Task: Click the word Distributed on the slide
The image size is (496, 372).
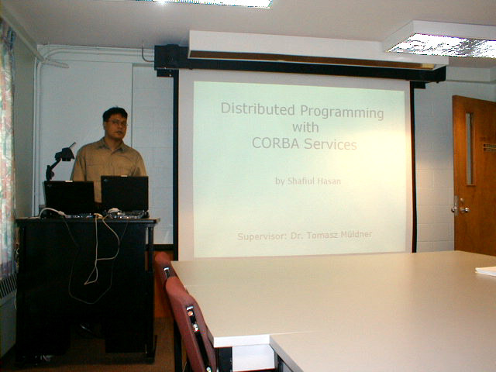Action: pos(258,108)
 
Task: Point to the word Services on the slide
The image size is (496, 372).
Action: pos(330,144)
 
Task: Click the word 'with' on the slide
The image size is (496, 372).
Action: pos(305,127)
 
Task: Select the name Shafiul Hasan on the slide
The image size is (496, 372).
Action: pos(314,181)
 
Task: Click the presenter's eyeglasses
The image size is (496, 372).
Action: pos(117,122)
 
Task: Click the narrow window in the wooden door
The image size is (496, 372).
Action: pos(470,149)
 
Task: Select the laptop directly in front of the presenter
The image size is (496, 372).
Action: pos(125,195)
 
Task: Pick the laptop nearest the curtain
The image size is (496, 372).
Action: pos(69,198)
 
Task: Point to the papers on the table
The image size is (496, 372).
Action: pos(486,271)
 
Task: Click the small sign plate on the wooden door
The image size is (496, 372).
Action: pos(489,147)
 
